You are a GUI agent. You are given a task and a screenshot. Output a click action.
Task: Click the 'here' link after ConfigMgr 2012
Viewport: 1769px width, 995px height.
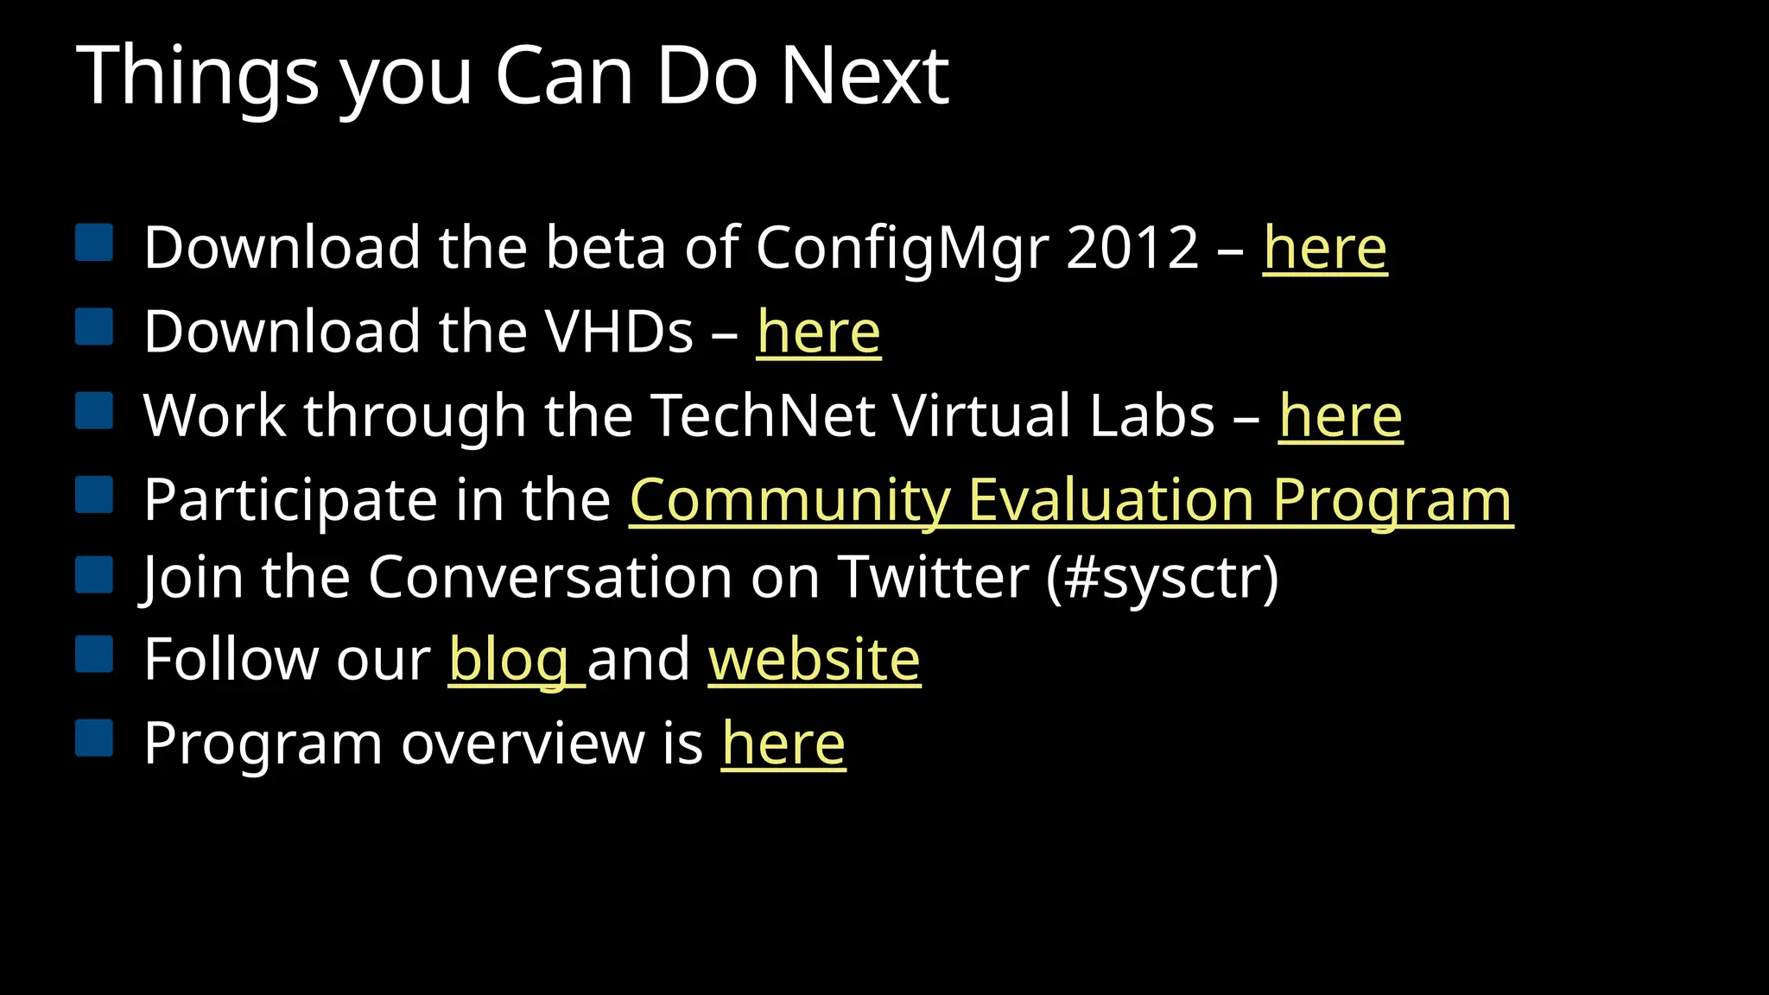[1325, 249]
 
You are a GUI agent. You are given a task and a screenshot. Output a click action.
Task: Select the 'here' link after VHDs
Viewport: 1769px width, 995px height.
[819, 333]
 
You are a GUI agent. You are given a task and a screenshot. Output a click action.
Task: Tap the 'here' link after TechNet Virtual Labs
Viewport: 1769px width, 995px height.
[1341, 416]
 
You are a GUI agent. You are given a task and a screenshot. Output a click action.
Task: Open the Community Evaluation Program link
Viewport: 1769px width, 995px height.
[1071, 500]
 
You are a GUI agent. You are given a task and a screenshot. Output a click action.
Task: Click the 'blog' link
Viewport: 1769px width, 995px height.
[510, 660]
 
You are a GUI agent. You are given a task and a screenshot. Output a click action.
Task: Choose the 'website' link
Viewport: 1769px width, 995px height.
[815, 660]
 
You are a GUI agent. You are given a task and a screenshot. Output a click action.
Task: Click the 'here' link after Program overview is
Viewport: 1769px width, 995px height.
[783, 744]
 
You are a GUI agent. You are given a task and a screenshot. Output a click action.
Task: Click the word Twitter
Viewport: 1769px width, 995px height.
[933, 577]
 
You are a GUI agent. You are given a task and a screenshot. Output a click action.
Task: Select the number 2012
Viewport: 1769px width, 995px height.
[1132, 249]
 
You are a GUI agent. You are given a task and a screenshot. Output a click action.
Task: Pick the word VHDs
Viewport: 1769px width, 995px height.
[618, 333]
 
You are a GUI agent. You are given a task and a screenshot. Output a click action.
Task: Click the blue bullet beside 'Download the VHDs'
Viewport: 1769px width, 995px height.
[94, 327]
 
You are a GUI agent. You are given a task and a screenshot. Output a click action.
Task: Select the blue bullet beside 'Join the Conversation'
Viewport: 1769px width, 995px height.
[94, 574]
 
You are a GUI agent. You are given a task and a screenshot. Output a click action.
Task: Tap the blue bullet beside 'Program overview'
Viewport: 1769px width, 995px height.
[94, 738]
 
